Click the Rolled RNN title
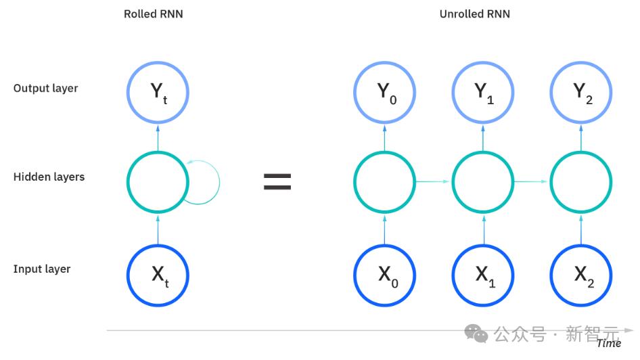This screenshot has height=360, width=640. [154, 14]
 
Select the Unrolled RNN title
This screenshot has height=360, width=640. [475, 14]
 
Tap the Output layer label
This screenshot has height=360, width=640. [46, 88]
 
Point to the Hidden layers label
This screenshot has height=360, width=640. [49, 177]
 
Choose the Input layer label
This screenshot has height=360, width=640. [42, 269]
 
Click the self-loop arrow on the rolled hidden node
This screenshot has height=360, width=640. [219, 182]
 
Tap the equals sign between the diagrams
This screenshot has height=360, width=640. [277, 182]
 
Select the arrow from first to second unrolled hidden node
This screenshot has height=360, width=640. [432, 181]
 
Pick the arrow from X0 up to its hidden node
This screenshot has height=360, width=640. [384, 230]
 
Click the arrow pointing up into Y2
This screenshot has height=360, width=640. [581, 139]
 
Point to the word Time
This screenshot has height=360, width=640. [609, 343]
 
